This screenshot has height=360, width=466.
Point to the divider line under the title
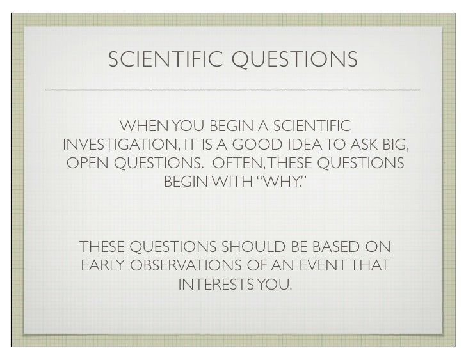pos(233,88)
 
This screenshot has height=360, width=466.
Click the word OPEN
pos(88,164)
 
